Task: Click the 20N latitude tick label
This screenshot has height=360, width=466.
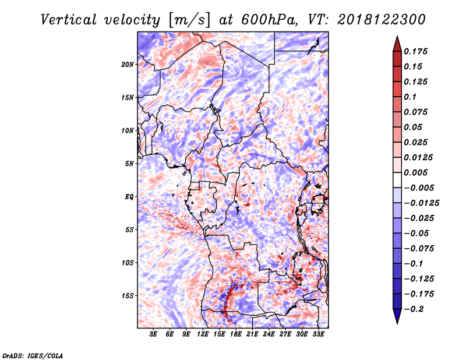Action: pos(128,65)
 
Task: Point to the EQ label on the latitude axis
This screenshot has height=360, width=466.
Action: pos(129,197)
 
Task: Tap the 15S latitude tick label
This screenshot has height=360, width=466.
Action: pos(128,296)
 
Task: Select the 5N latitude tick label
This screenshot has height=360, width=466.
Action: pos(129,164)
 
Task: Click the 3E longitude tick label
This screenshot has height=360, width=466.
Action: pos(153,334)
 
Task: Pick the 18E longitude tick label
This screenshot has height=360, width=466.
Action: pos(236,334)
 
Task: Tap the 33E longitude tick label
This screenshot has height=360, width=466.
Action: pos(318,334)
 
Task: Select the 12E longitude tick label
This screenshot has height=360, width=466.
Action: pos(203,334)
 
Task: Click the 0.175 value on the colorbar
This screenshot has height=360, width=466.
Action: pos(415,51)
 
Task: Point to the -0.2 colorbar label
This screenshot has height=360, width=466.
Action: pos(414,309)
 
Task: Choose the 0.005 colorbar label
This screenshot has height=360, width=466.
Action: pos(415,172)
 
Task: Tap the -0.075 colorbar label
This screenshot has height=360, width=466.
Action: pos(419,249)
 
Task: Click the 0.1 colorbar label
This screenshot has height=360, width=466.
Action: pos(410,97)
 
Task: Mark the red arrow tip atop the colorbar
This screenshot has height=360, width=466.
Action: pos(397,37)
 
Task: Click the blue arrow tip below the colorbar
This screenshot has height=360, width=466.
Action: pos(397,323)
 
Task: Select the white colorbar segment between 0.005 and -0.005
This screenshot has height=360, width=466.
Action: pos(397,180)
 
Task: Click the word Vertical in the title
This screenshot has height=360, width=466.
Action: pos(69,20)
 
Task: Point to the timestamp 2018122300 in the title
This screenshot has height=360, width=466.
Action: pos(382,20)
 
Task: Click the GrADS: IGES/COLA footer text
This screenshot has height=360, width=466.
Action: pos(33,356)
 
